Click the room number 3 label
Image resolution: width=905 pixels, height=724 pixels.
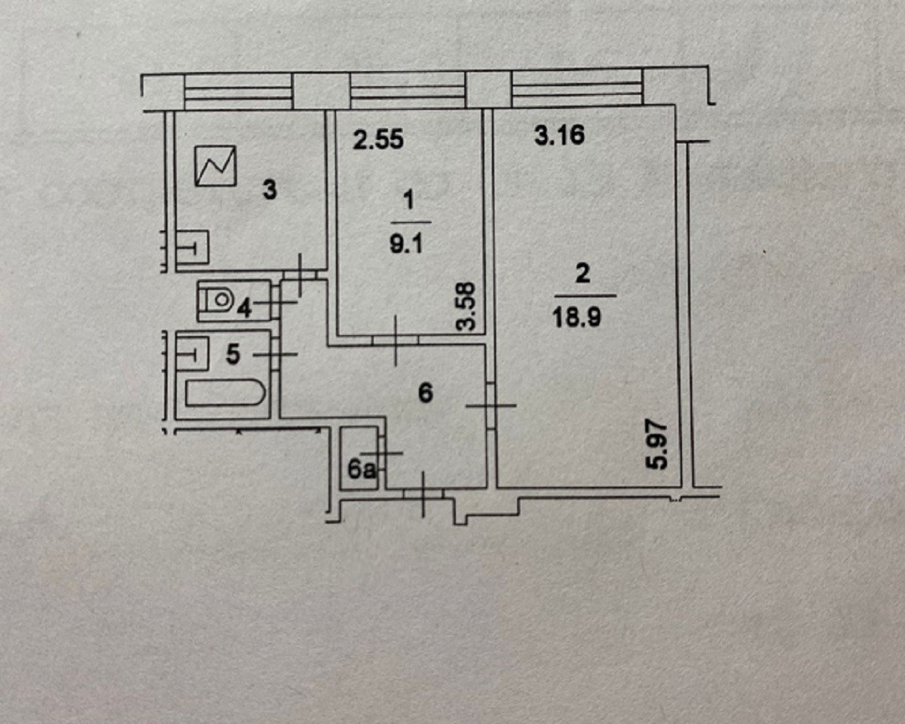tap(269, 190)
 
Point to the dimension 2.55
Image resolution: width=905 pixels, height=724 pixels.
tap(378, 140)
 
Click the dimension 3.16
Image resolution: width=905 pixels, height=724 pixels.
tap(559, 135)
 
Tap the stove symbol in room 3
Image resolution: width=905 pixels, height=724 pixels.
tap(216, 165)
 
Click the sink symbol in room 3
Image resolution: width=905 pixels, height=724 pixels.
tap(194, 248)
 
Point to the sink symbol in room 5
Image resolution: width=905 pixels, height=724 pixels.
tap(192, 351)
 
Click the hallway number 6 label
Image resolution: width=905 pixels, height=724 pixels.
tap(426, 392)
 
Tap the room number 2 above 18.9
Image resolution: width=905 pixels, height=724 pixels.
tap(583, 273)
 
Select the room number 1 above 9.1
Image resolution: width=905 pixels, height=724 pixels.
tap(408, 200)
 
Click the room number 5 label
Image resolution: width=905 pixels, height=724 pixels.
tap(233, 354)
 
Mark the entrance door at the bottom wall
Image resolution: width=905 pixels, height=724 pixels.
tap(424, 494)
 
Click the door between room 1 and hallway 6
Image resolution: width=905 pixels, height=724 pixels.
tap(396, 339)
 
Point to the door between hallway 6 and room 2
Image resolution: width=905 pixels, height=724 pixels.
tap(491, 406)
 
